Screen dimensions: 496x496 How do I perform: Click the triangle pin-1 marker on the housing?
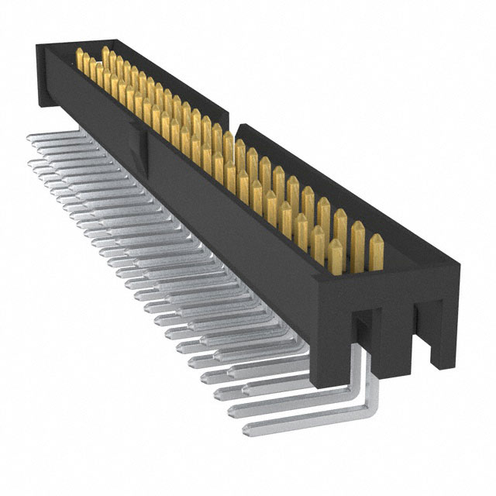[147, 143]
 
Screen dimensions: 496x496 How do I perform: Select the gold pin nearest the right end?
[376, 251]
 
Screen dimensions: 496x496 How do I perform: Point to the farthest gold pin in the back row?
[105, 56]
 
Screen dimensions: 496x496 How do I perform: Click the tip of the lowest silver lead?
[246, 428]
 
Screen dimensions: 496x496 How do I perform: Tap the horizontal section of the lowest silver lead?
[302, 412]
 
